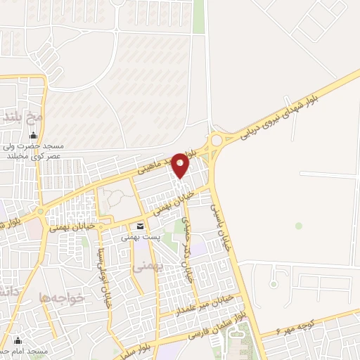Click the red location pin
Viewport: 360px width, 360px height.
(181, 166)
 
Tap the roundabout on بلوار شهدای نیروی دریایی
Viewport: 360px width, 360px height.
(215, 140)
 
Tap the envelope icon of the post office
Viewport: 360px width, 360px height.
(141, 226)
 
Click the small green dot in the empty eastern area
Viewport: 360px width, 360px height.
(299, 226)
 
